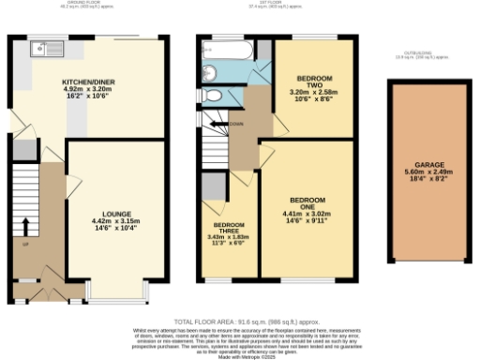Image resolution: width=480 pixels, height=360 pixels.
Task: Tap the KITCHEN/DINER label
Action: (88, 82)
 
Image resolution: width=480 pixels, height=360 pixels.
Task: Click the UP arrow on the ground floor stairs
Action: (25, 226)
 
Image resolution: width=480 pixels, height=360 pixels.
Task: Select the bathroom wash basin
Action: (209, 71)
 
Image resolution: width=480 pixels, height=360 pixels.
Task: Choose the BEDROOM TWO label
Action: (314, 79)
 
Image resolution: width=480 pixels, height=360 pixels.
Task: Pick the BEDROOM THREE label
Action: (229, 231)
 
